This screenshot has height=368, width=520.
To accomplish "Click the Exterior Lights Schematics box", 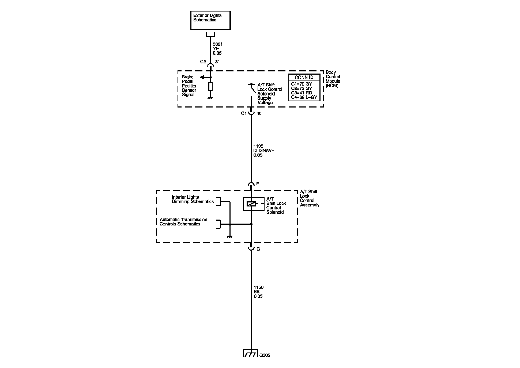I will (210, 20).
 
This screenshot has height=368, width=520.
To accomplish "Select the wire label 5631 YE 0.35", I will (217, 49).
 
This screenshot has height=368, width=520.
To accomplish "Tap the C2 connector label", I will (203, 62).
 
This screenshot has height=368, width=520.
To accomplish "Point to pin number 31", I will (217, 62).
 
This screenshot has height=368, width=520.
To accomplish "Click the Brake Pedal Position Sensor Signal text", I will (190, 86).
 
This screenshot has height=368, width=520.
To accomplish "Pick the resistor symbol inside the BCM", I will (210, 86).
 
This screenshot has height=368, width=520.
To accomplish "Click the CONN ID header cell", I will (304, 77).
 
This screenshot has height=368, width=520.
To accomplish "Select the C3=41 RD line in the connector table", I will (302, 93).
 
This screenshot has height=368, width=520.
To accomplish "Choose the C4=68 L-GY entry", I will (304, 97).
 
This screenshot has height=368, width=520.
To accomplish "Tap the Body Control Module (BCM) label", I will (333, 79).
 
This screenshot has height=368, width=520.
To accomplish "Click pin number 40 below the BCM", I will (259, 114).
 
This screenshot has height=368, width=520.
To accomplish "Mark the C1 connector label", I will (244, 113).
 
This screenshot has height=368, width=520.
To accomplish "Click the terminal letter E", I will (258, 184).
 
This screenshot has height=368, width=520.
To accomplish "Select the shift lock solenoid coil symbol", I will (251, 204).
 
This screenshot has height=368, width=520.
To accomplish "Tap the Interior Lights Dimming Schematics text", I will (193, 200).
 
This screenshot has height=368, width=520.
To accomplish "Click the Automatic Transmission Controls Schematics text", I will (183, 222).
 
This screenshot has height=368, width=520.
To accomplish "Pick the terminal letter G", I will (258, 249).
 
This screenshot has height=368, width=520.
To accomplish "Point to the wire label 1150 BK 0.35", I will (258, 292).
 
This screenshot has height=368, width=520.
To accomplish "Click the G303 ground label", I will (265, 355).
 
